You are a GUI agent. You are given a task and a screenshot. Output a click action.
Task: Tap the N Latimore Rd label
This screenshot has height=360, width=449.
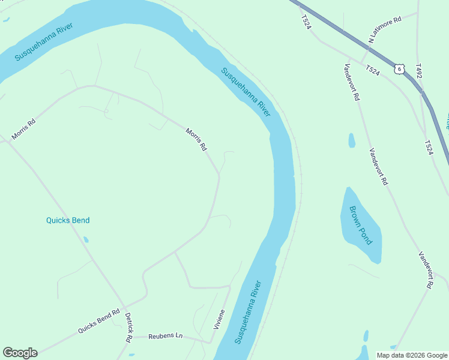click(385, 29)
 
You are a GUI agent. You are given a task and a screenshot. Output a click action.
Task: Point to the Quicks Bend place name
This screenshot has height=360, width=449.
click(68, 220)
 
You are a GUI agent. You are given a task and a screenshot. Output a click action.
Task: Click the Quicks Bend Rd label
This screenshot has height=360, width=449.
click(99, 322)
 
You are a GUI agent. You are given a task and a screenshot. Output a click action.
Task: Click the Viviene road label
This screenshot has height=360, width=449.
click(219, 319)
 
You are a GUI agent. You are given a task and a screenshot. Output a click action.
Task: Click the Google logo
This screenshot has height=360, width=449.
click(20, 353)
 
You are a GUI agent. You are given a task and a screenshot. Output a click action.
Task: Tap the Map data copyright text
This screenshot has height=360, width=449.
click(412, 355)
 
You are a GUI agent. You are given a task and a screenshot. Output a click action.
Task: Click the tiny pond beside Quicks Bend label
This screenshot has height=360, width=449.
click(86, 239)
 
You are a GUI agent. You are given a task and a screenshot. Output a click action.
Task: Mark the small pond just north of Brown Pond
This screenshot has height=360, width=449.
click(351, 140)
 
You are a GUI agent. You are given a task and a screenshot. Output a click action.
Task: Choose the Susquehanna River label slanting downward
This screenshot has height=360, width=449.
click(246, 92)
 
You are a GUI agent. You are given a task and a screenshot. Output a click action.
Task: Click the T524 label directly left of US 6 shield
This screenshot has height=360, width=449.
click(373, 71)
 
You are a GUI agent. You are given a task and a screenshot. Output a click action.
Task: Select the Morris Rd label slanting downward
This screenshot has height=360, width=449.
click(196, 139)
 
